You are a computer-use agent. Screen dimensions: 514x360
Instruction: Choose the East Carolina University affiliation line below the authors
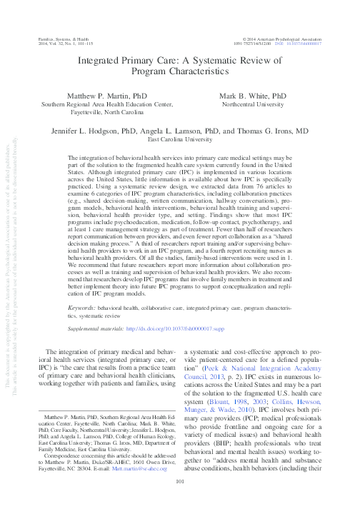pyautogui.click(x=180, y=141)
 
